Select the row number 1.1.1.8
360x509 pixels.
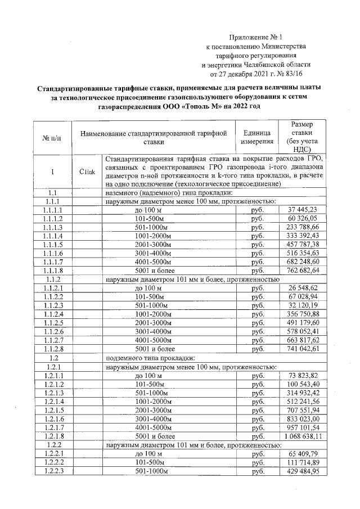tap(52, 270)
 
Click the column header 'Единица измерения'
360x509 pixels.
tap(257, 137)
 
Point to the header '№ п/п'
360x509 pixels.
tap(52, 137)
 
